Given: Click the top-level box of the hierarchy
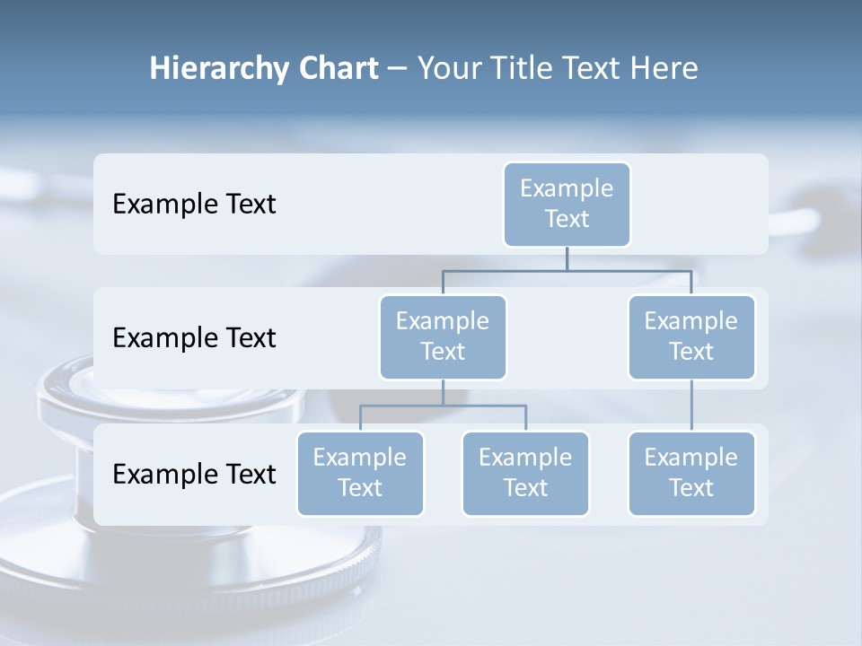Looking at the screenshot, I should tap(567, 204).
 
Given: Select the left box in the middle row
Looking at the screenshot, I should tap(443, 336).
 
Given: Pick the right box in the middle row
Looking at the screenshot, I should tap(691, 336).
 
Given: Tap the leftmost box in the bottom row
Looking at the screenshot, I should tap(360, 473).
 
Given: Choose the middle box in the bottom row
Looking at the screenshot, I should tap(525, 473).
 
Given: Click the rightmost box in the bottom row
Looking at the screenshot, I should tap(691, 473).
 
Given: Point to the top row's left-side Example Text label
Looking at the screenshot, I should tap(194, 205).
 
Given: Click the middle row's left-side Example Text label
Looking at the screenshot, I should tap(194, 338).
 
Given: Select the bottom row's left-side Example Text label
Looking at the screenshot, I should tap(194, 474).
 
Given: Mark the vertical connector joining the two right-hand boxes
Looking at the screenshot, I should tap(691, 406).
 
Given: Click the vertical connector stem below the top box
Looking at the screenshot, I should tap(567, 258).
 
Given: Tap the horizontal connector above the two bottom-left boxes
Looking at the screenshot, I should tap(443, 406).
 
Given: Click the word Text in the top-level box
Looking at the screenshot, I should tap(567, 219).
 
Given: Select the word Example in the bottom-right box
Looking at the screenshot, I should tap(691, 458).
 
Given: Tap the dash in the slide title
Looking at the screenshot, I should tap(398, 69).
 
